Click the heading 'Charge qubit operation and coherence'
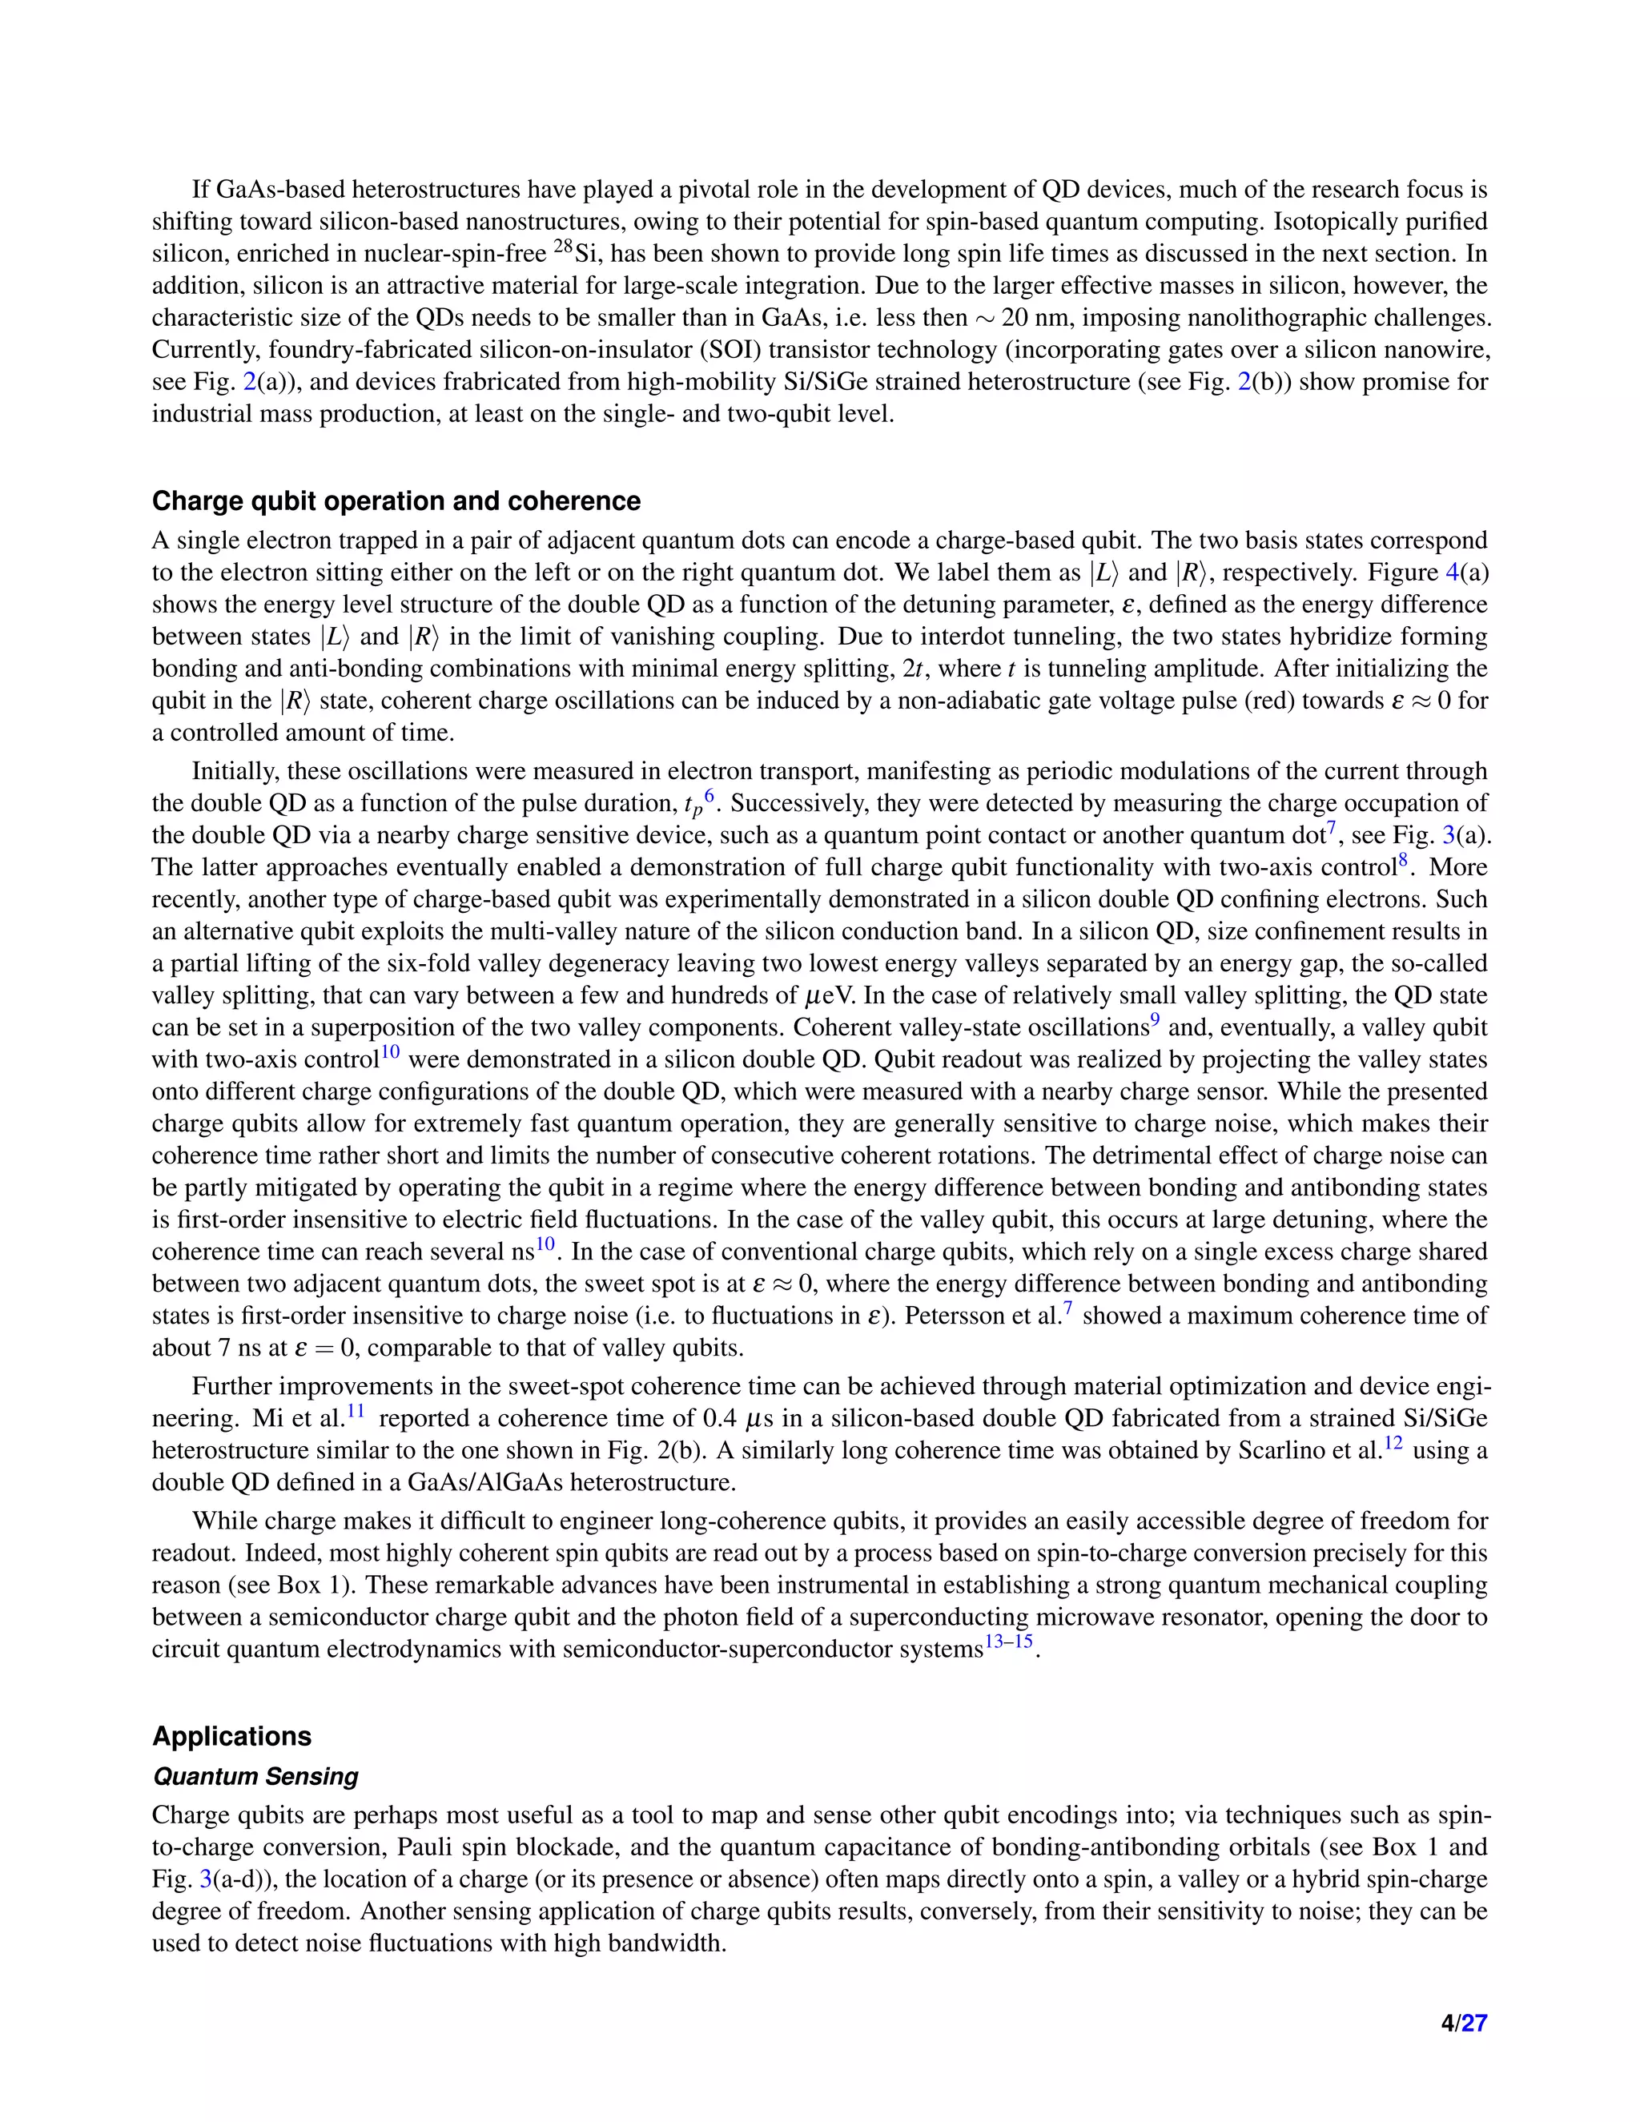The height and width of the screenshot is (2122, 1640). tap(396, 501)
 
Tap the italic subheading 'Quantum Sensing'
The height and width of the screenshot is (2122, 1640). tap(255, 1776)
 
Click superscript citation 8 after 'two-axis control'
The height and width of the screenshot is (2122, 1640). tap(1403, 860)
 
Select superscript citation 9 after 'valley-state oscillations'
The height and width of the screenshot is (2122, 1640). tap(1156, 1020)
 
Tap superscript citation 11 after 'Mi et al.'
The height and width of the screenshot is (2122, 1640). tap(356, 1411)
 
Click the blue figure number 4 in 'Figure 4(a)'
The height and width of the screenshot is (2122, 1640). tap(1452, 573)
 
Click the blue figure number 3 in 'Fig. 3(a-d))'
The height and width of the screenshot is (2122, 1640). tap(205, 1880)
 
